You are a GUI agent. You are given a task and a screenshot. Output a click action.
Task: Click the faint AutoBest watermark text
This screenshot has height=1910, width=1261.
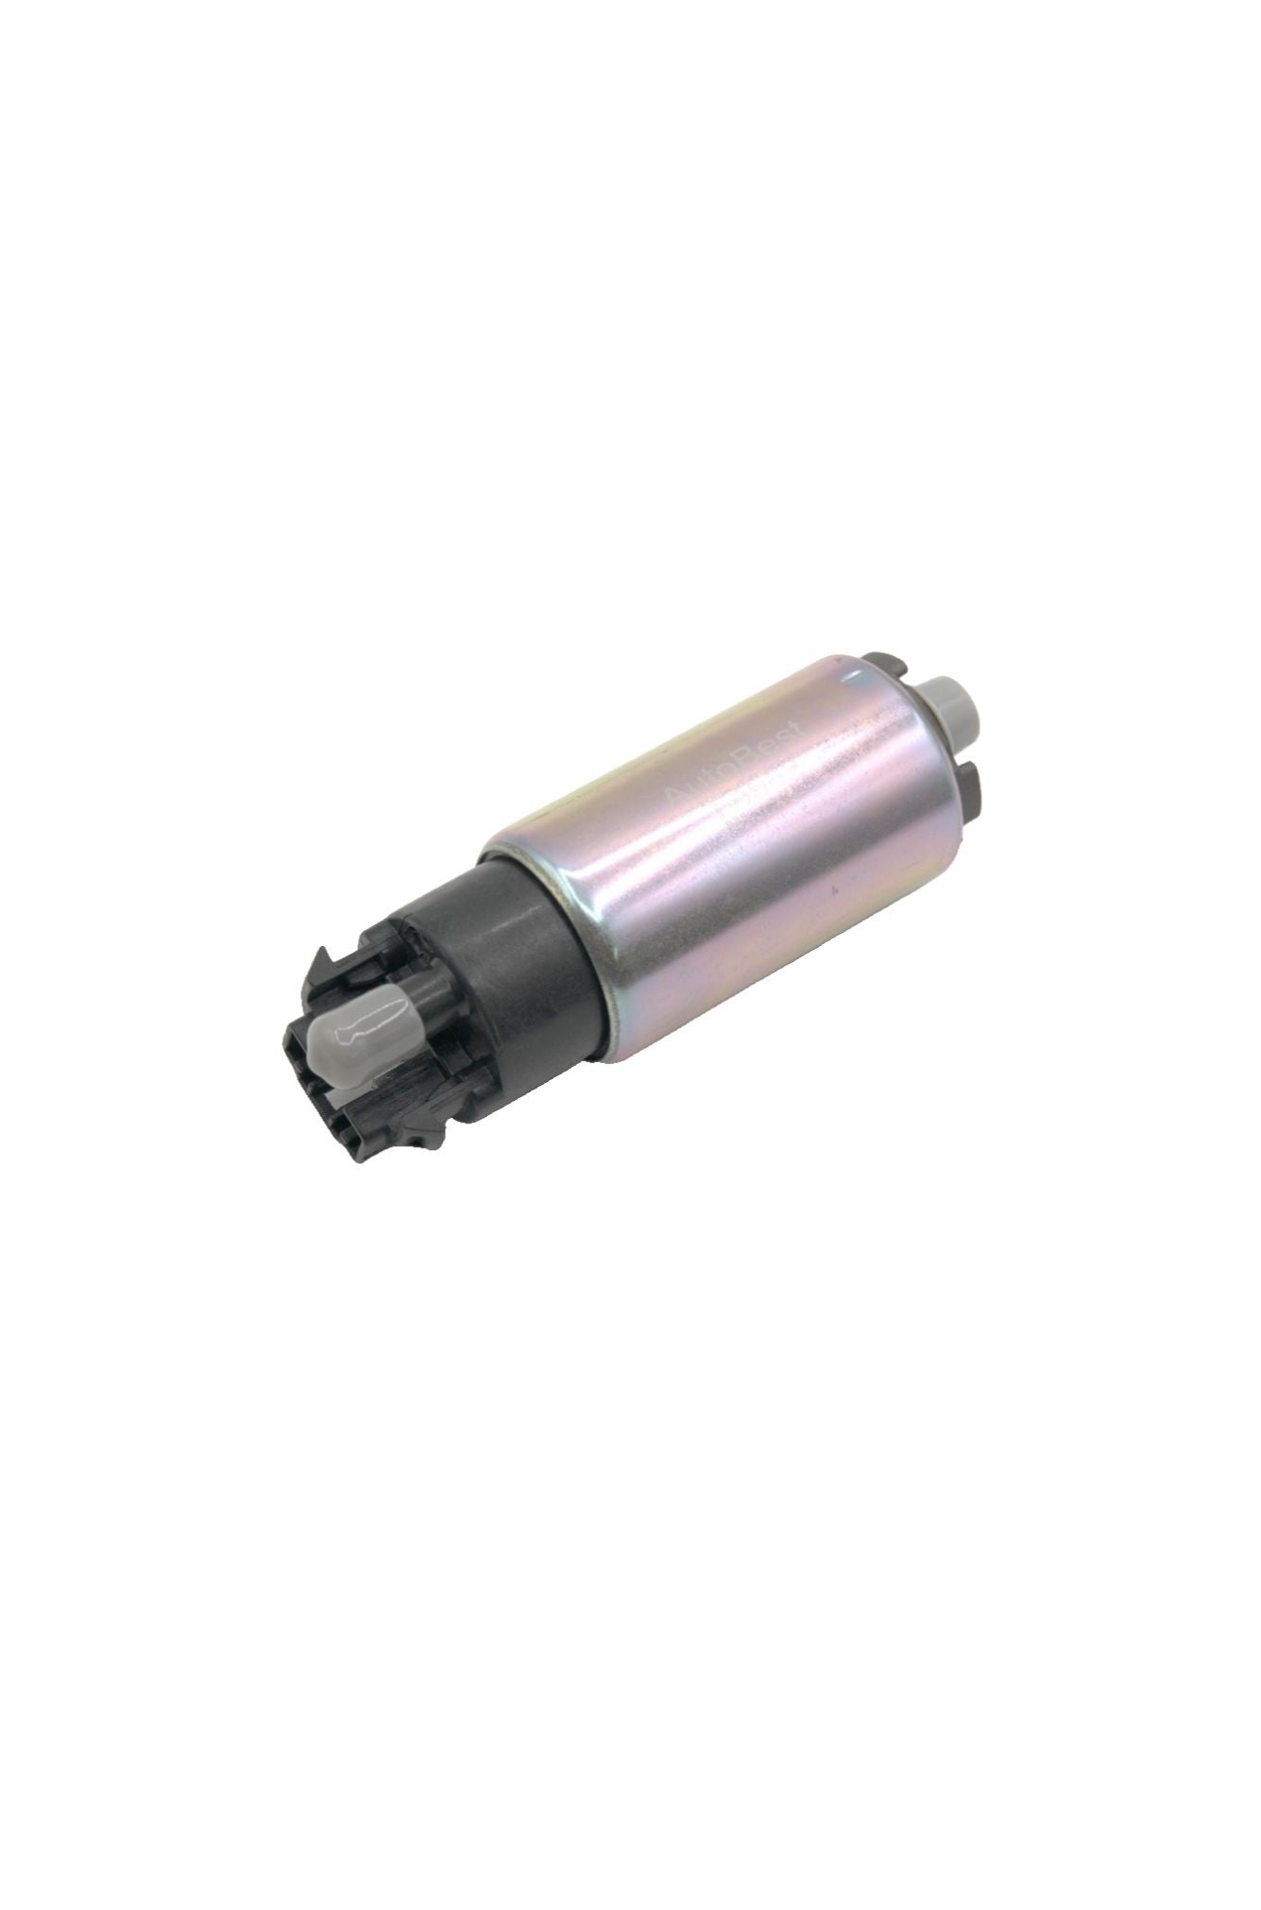732,769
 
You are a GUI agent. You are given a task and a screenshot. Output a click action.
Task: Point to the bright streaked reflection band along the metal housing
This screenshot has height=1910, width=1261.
718,831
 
